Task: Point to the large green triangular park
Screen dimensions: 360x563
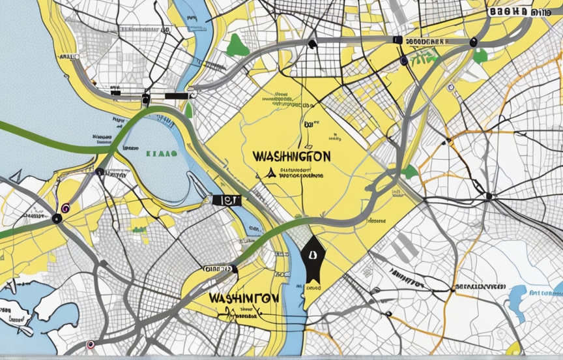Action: (238, 45)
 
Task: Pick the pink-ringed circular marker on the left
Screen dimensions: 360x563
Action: (65, 209)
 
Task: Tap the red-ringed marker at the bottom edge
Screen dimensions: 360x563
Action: (91, 344)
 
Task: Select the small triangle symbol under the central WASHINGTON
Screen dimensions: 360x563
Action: (268, 173)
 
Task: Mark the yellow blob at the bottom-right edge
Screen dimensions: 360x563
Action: (514, 347)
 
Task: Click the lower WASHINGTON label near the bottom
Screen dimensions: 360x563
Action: (245, 297)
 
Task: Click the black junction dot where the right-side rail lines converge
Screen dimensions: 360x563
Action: (489, 196)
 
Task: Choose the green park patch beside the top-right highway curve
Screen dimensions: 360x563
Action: (480, 57)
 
